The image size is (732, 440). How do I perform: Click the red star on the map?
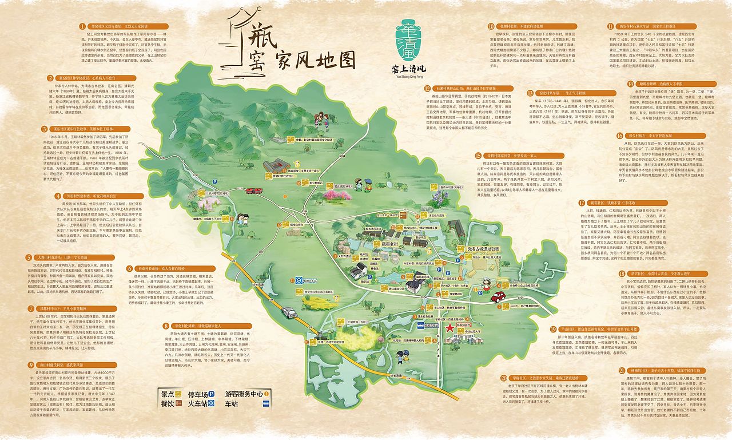click(451, 328)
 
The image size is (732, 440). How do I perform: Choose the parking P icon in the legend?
click(212, 394)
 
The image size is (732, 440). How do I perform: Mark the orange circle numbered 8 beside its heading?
click(166, 326)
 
